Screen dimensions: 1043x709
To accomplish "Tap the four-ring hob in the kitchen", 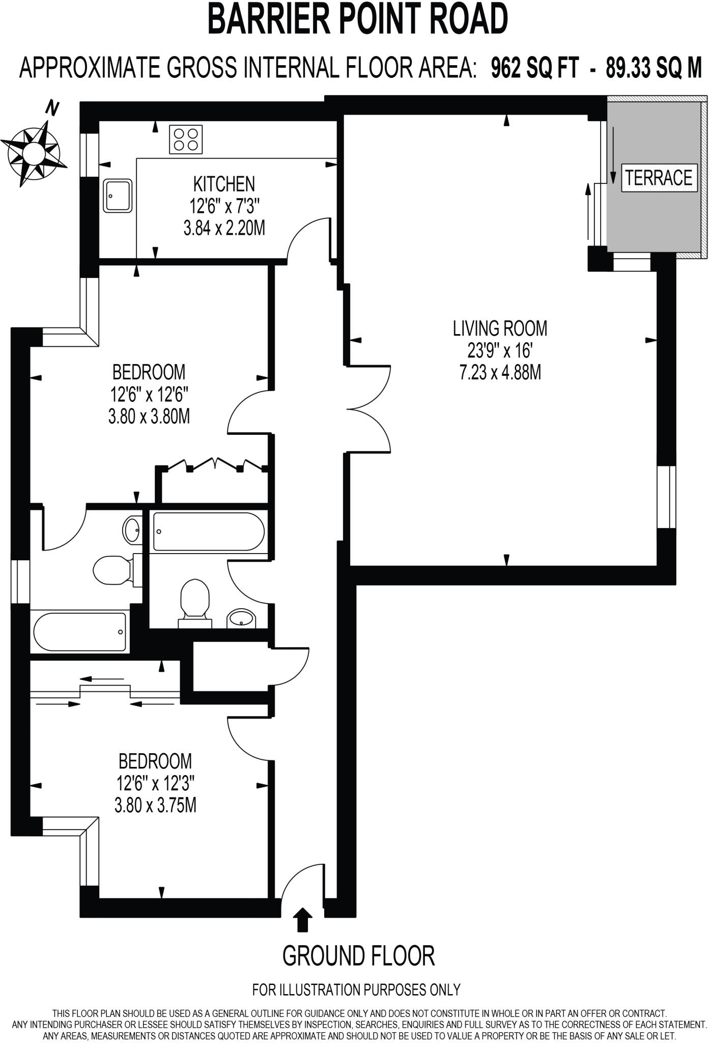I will point(186,139).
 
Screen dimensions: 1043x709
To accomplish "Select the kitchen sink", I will point(118,195).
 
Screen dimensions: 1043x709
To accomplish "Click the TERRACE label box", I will point(659,178).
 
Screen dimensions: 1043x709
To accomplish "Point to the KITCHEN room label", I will point(224,184).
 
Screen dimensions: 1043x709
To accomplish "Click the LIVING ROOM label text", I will point(500,328).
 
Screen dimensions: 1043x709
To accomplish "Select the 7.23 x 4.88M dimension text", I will point(500,373).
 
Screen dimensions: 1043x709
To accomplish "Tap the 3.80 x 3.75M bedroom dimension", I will point(155,805).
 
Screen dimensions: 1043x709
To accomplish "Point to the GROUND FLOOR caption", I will point(358,955).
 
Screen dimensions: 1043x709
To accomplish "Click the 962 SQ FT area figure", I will point(534,67).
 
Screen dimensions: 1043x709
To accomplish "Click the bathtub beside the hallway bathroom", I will point(209,532).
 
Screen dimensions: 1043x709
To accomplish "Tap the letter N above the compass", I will point(52,108).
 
